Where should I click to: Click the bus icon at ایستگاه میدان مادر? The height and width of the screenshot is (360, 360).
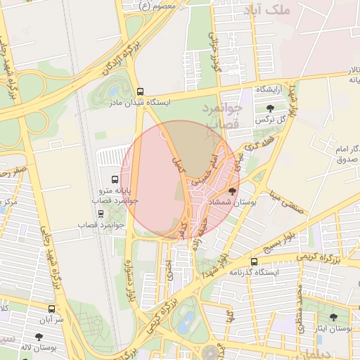coord(140,91)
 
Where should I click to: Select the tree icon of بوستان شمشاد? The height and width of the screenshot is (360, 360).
coord(233,191)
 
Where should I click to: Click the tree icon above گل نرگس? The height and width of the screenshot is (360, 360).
coord(271,108)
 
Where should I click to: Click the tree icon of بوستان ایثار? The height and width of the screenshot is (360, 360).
coord(333,317)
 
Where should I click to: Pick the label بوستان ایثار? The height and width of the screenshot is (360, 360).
coord(333,328)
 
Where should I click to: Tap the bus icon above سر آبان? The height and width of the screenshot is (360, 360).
coord(51,308)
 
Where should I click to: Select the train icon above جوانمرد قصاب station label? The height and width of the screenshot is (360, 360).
coord(101,214)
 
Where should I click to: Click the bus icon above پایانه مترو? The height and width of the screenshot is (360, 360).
coord(115,179)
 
